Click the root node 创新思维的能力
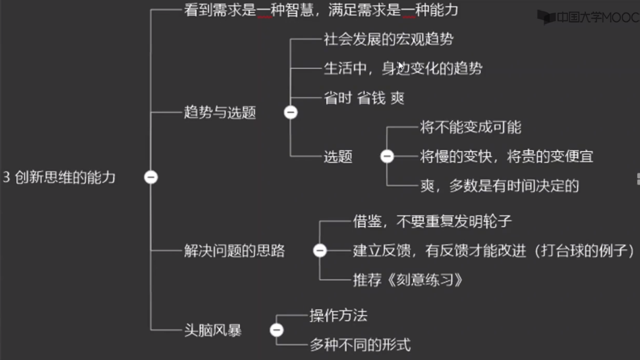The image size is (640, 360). (60, 178)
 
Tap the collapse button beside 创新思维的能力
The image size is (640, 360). (151, 177)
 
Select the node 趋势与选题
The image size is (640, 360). (220, 112)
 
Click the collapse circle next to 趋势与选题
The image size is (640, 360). (291, 112)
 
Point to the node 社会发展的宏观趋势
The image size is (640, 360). (388, 39)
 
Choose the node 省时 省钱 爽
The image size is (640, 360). (364, 98)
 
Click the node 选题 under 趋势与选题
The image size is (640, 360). (338, 157)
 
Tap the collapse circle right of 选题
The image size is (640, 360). (387, 156)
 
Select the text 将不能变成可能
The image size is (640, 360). (470, 127)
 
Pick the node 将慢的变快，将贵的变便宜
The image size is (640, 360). (506, 157)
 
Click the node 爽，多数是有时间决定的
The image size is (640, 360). (499, 186)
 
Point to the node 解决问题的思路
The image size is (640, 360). (234, 251)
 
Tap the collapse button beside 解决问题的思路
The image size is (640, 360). (320, 250)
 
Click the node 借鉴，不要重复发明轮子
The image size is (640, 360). (432, 221)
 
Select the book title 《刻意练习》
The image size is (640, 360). (425, 280)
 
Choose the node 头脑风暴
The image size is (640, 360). (212, 330)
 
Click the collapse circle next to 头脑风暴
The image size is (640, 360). (276, 330)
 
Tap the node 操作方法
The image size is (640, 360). (338, 316)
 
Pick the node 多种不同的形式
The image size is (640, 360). (359, 345)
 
